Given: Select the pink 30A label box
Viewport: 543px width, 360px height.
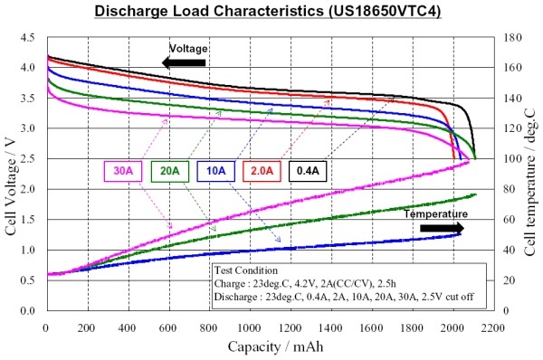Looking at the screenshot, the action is (123, 171).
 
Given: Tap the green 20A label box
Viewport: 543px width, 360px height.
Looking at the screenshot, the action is (170, 171).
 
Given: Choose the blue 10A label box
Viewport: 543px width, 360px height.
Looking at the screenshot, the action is (215, 171).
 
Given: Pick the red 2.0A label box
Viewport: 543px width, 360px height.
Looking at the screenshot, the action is (262, 171).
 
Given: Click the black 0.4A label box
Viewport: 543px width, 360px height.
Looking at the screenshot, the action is (308, 171).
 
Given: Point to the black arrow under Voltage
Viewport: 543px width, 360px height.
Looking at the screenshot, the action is (184, 62).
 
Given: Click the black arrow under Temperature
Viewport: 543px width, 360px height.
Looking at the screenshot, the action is (442, 228).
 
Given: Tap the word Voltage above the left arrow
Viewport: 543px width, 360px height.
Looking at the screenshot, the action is (188, 48).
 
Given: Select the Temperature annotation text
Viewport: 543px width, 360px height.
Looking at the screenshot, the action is (435, 214).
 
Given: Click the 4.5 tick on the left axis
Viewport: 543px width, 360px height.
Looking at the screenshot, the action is (28, 37).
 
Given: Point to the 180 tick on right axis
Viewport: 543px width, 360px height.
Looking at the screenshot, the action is (512, 37).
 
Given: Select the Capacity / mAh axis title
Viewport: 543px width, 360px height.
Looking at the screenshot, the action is (275, 346).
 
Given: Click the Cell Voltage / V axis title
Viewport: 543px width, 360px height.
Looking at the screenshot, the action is (11, 185).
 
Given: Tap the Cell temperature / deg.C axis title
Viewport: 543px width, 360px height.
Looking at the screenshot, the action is (529, 183).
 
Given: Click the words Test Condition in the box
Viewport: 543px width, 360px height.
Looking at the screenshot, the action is (246, 270).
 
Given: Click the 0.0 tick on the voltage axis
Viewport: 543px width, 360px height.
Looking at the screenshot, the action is (28, 311).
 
